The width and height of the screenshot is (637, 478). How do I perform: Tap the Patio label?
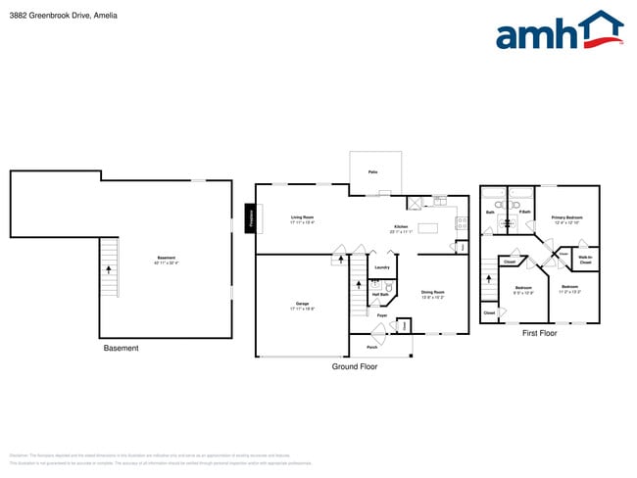pos(373,172)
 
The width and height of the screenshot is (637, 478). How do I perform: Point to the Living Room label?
pos(302,219)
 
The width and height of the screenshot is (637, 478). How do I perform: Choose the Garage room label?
pos(303,306)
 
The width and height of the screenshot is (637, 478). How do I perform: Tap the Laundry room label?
pos(382,267)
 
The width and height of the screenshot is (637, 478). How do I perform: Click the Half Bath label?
pos(378,294)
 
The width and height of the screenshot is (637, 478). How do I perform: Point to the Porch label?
pos(372,347)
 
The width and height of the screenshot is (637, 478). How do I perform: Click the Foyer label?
pos(382,315)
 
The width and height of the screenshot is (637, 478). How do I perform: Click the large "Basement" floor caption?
pos(121,348)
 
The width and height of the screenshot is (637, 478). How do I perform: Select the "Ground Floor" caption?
pos(354,366)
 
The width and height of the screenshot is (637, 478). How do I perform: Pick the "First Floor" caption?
pos(539,333)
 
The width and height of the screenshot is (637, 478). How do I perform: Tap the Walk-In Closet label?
pos(585,261)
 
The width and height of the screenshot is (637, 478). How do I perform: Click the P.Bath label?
pos(525,212)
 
